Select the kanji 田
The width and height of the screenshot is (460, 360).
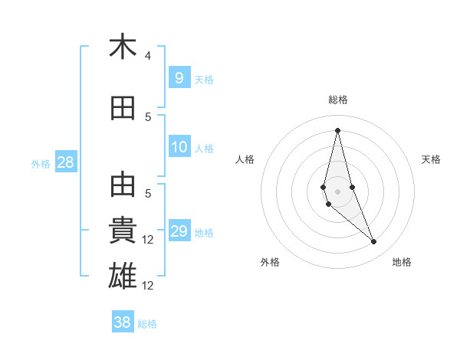coord(123,108)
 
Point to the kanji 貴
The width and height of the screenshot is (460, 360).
coord(123,229)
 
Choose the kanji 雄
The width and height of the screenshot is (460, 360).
coord(123,274)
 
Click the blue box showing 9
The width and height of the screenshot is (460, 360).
coord(179,77)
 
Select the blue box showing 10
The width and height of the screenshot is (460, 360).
coord(179,147)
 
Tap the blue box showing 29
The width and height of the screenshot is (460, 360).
coord(179,231)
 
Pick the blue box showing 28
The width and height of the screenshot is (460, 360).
coord(65,162)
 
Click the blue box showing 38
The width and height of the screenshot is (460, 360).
coord(123,322)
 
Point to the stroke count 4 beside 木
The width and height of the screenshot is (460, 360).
coord(148,56)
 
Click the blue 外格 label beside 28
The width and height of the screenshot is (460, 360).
coord(40,163)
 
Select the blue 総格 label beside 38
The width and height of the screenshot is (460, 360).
coord(147,324)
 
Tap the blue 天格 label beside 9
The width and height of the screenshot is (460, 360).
coord(203,79)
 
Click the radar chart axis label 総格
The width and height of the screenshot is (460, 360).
coord(337,100)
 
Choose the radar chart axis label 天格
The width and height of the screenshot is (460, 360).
coord(431,159)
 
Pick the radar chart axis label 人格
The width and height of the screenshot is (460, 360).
coord(245,159)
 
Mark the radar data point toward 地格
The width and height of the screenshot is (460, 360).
coord(374,242)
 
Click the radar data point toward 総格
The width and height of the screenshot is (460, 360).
coord(337,130)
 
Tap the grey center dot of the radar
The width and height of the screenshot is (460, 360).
coord(337,191)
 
